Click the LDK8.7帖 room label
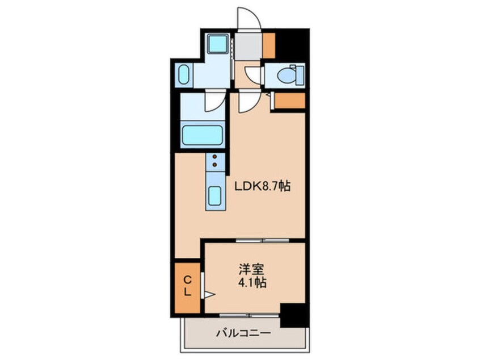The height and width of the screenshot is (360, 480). [262, 186]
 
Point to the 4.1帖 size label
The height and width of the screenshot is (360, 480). [252, 282]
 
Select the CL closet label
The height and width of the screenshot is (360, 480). [187, 286]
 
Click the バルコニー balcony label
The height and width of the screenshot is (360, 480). [243, 333]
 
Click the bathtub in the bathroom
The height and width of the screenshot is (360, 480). [203, 135]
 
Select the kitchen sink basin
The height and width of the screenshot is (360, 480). [215, 196]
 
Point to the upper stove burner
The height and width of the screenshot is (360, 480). [214, 157]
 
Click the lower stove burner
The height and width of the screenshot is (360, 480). [214, 165]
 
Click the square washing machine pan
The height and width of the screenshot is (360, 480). [217, 44]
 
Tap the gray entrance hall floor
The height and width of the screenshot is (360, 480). [249, 46]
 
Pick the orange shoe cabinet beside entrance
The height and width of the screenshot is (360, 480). [269, 45]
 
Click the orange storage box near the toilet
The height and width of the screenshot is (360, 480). [289, 101]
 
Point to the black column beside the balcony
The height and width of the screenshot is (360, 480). [293, 315]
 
